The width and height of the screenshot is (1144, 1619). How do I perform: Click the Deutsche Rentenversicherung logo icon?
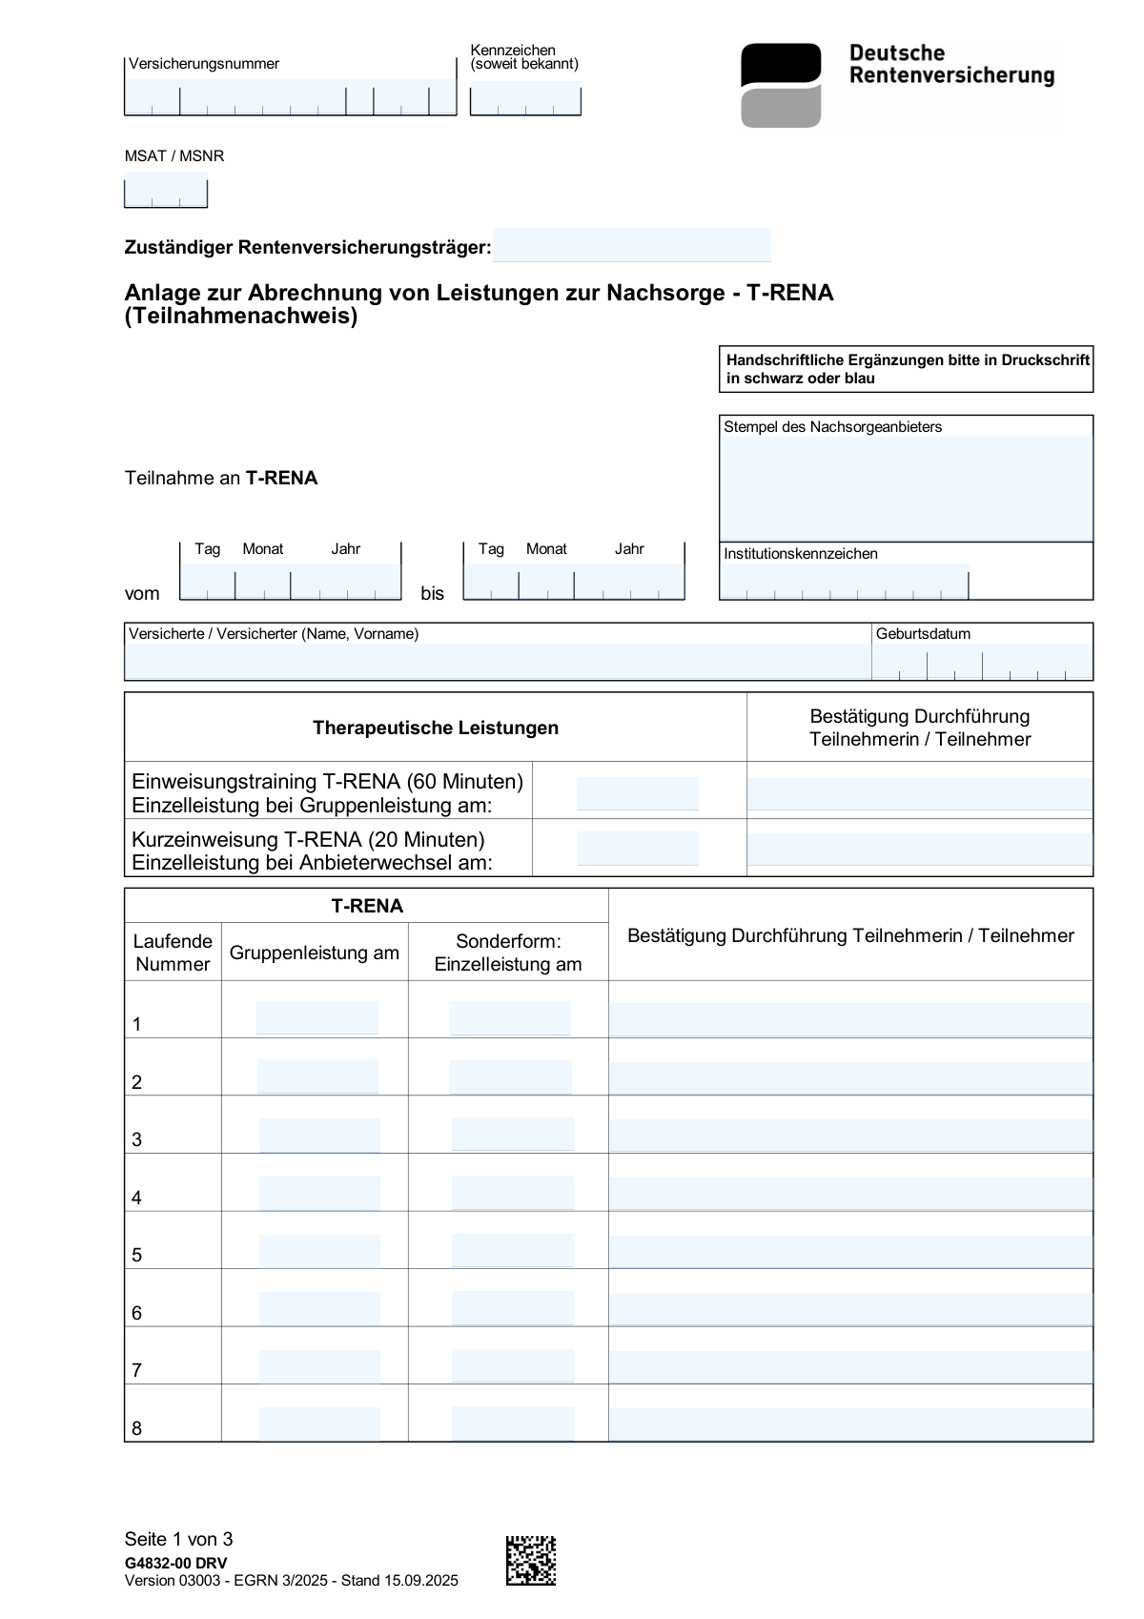coord(781,85)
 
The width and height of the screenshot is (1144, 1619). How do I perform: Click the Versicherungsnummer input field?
coord(290,97)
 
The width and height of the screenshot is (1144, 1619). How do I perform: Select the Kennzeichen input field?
coord(525,98)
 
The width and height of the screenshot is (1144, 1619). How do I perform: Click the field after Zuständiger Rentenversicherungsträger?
coord(631,245)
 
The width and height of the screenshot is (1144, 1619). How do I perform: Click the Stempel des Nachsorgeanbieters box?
coord(905,488)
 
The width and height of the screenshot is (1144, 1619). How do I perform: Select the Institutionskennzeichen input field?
coord(844,582)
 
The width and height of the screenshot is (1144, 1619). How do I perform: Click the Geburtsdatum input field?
coord(982,662)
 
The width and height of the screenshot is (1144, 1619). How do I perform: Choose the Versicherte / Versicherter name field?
coord(497,662)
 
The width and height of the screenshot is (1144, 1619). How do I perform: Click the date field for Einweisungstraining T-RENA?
coord(637,793)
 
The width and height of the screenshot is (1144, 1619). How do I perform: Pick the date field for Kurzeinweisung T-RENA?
coord(637,848)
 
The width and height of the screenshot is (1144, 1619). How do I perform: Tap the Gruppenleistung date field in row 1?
coord(317,1017)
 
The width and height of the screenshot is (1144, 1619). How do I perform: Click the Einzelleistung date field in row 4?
coord(512,1193)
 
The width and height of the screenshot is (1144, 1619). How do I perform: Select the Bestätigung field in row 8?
coord(850,1424)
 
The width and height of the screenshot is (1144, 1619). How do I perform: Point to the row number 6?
coord(137,1313)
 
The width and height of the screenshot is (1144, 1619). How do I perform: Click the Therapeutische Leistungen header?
coord(436,728)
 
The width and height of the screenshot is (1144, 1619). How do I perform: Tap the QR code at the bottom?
coord(530,1560)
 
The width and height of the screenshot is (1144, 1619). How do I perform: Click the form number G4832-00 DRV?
coord(175,1563)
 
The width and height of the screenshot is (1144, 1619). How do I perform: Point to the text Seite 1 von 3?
coord(178,1539)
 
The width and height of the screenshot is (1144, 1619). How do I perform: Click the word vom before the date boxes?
coord(142,593)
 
